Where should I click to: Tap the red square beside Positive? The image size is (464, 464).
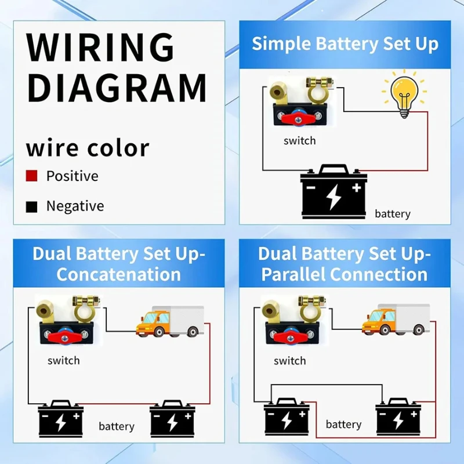point(31,176)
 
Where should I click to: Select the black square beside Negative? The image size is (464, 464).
point(31,206)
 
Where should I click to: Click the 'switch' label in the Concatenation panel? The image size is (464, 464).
point(64,360)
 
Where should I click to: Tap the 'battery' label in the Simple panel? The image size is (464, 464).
point(392,213)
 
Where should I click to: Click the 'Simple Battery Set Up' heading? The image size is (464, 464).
point(345,44)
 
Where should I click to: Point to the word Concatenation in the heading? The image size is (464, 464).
point(119,274)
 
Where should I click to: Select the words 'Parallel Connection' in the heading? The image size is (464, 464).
point(345,274)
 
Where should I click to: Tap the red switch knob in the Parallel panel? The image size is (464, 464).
point(288,338)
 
